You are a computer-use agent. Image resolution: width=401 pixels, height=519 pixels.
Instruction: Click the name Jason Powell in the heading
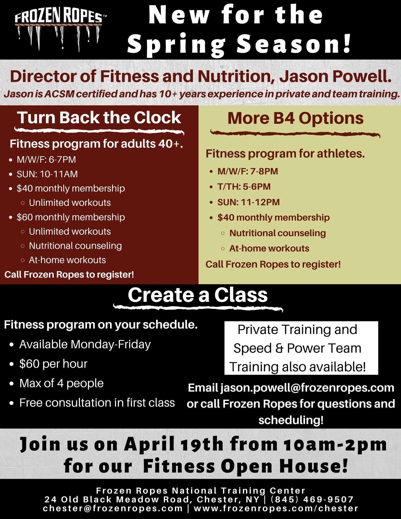[335, 76]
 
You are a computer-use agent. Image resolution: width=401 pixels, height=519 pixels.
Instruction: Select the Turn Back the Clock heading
[99, 118]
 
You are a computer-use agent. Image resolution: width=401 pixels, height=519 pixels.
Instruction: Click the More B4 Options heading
[295, 118]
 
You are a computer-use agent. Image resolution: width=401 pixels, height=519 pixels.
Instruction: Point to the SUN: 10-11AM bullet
[47, 174]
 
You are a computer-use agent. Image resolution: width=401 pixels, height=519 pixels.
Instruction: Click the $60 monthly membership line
[71, 217]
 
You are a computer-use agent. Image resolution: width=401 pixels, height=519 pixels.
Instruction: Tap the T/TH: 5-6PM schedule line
[244, 187]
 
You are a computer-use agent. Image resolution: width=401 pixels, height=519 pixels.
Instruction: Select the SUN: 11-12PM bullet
[249, 202]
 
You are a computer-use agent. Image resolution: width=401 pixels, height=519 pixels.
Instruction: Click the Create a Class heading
[198, 295]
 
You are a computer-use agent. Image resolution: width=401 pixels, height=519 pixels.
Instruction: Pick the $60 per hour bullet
[53, 364]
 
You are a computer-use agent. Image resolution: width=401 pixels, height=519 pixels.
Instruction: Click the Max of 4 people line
[62, 383]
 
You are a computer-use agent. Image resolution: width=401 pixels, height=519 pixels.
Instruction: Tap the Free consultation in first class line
[97, 403]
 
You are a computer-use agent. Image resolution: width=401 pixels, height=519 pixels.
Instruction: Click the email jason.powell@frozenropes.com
[307, 388]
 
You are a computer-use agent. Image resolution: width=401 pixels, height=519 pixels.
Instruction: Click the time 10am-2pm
[335, 444]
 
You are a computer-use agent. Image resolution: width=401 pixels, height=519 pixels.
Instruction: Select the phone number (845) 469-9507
[312, 499]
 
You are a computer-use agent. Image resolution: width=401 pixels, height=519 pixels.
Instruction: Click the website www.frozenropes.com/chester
[276, 508]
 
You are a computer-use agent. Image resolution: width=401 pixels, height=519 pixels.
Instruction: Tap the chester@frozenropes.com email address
[113, 508]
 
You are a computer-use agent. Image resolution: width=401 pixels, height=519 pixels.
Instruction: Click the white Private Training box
[301, 348]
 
